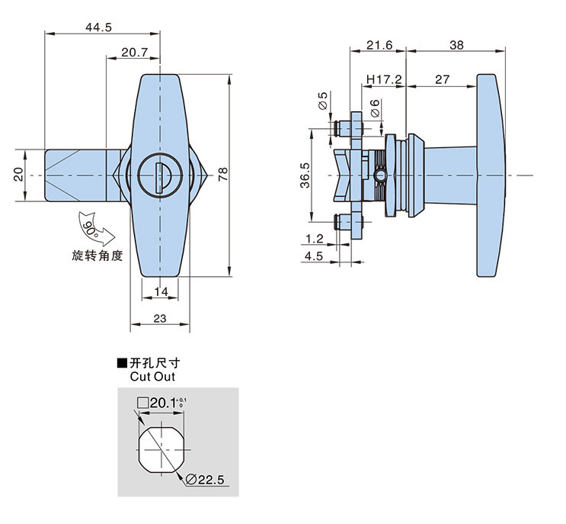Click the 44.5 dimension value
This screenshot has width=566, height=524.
pos(98,27)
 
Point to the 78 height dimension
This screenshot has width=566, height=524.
pos(222,175)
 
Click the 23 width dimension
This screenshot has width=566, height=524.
pos(160,319)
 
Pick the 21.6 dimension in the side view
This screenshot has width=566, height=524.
pos(379,45)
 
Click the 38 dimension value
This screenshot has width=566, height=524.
pos(456,45)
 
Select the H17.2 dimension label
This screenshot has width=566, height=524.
pos(383,79)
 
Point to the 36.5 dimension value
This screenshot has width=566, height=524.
pos(305,175)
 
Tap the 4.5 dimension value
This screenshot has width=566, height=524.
pos(314,256)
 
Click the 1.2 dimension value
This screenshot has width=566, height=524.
pos(314,239)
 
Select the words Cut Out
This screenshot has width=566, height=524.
pos(148,376)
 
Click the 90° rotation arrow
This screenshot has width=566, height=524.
pos(92,227)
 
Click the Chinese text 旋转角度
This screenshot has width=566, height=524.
pos(98,256)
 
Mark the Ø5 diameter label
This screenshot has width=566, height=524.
pos(323,100)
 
